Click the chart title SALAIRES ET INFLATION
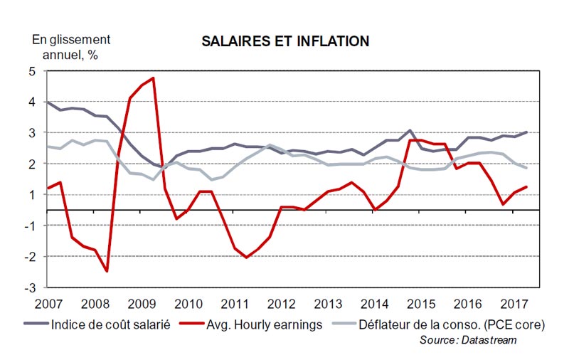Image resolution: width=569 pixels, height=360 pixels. point(284,41)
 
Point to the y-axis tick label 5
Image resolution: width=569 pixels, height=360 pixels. point(32,71)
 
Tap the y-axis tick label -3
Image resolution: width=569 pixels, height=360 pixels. point(30,287)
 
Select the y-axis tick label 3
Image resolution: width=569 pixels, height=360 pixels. point(32,133)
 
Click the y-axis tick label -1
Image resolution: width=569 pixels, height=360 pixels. point(30,226)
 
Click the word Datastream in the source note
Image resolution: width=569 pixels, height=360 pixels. point(491,341)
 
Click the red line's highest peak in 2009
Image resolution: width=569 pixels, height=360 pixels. point(153,78)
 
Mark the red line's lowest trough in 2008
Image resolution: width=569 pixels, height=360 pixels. point(107,271)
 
